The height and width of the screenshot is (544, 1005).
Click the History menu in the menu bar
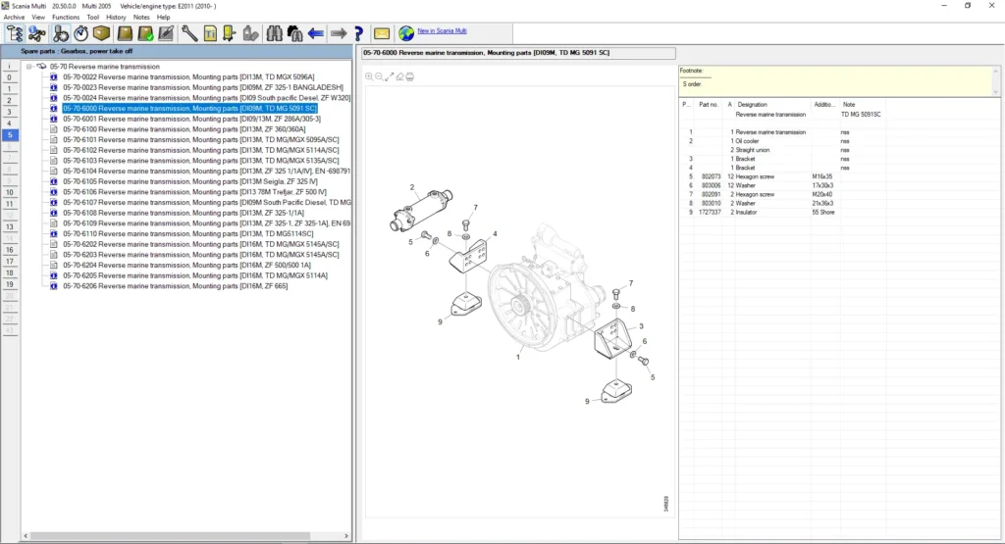[116, 17]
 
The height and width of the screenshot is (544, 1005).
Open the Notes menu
[141, 17]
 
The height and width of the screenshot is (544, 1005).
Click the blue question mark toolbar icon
[359, 33]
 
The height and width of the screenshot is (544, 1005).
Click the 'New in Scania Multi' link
[442, 30]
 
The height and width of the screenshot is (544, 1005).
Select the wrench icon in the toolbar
[189, 33]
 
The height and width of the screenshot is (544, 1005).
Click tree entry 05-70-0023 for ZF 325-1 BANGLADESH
[202, 87]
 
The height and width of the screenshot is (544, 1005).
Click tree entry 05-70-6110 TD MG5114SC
[187, 234]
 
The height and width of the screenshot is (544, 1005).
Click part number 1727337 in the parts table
[710, 212]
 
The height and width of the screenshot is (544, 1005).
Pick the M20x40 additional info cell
[822, 194]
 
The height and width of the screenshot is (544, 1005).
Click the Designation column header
[753, 104]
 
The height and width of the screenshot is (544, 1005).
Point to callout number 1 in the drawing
[517, 358]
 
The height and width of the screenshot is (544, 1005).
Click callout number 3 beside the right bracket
[641, 325]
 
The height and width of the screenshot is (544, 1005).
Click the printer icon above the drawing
[409, 76]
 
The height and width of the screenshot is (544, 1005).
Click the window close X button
[992, 6]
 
